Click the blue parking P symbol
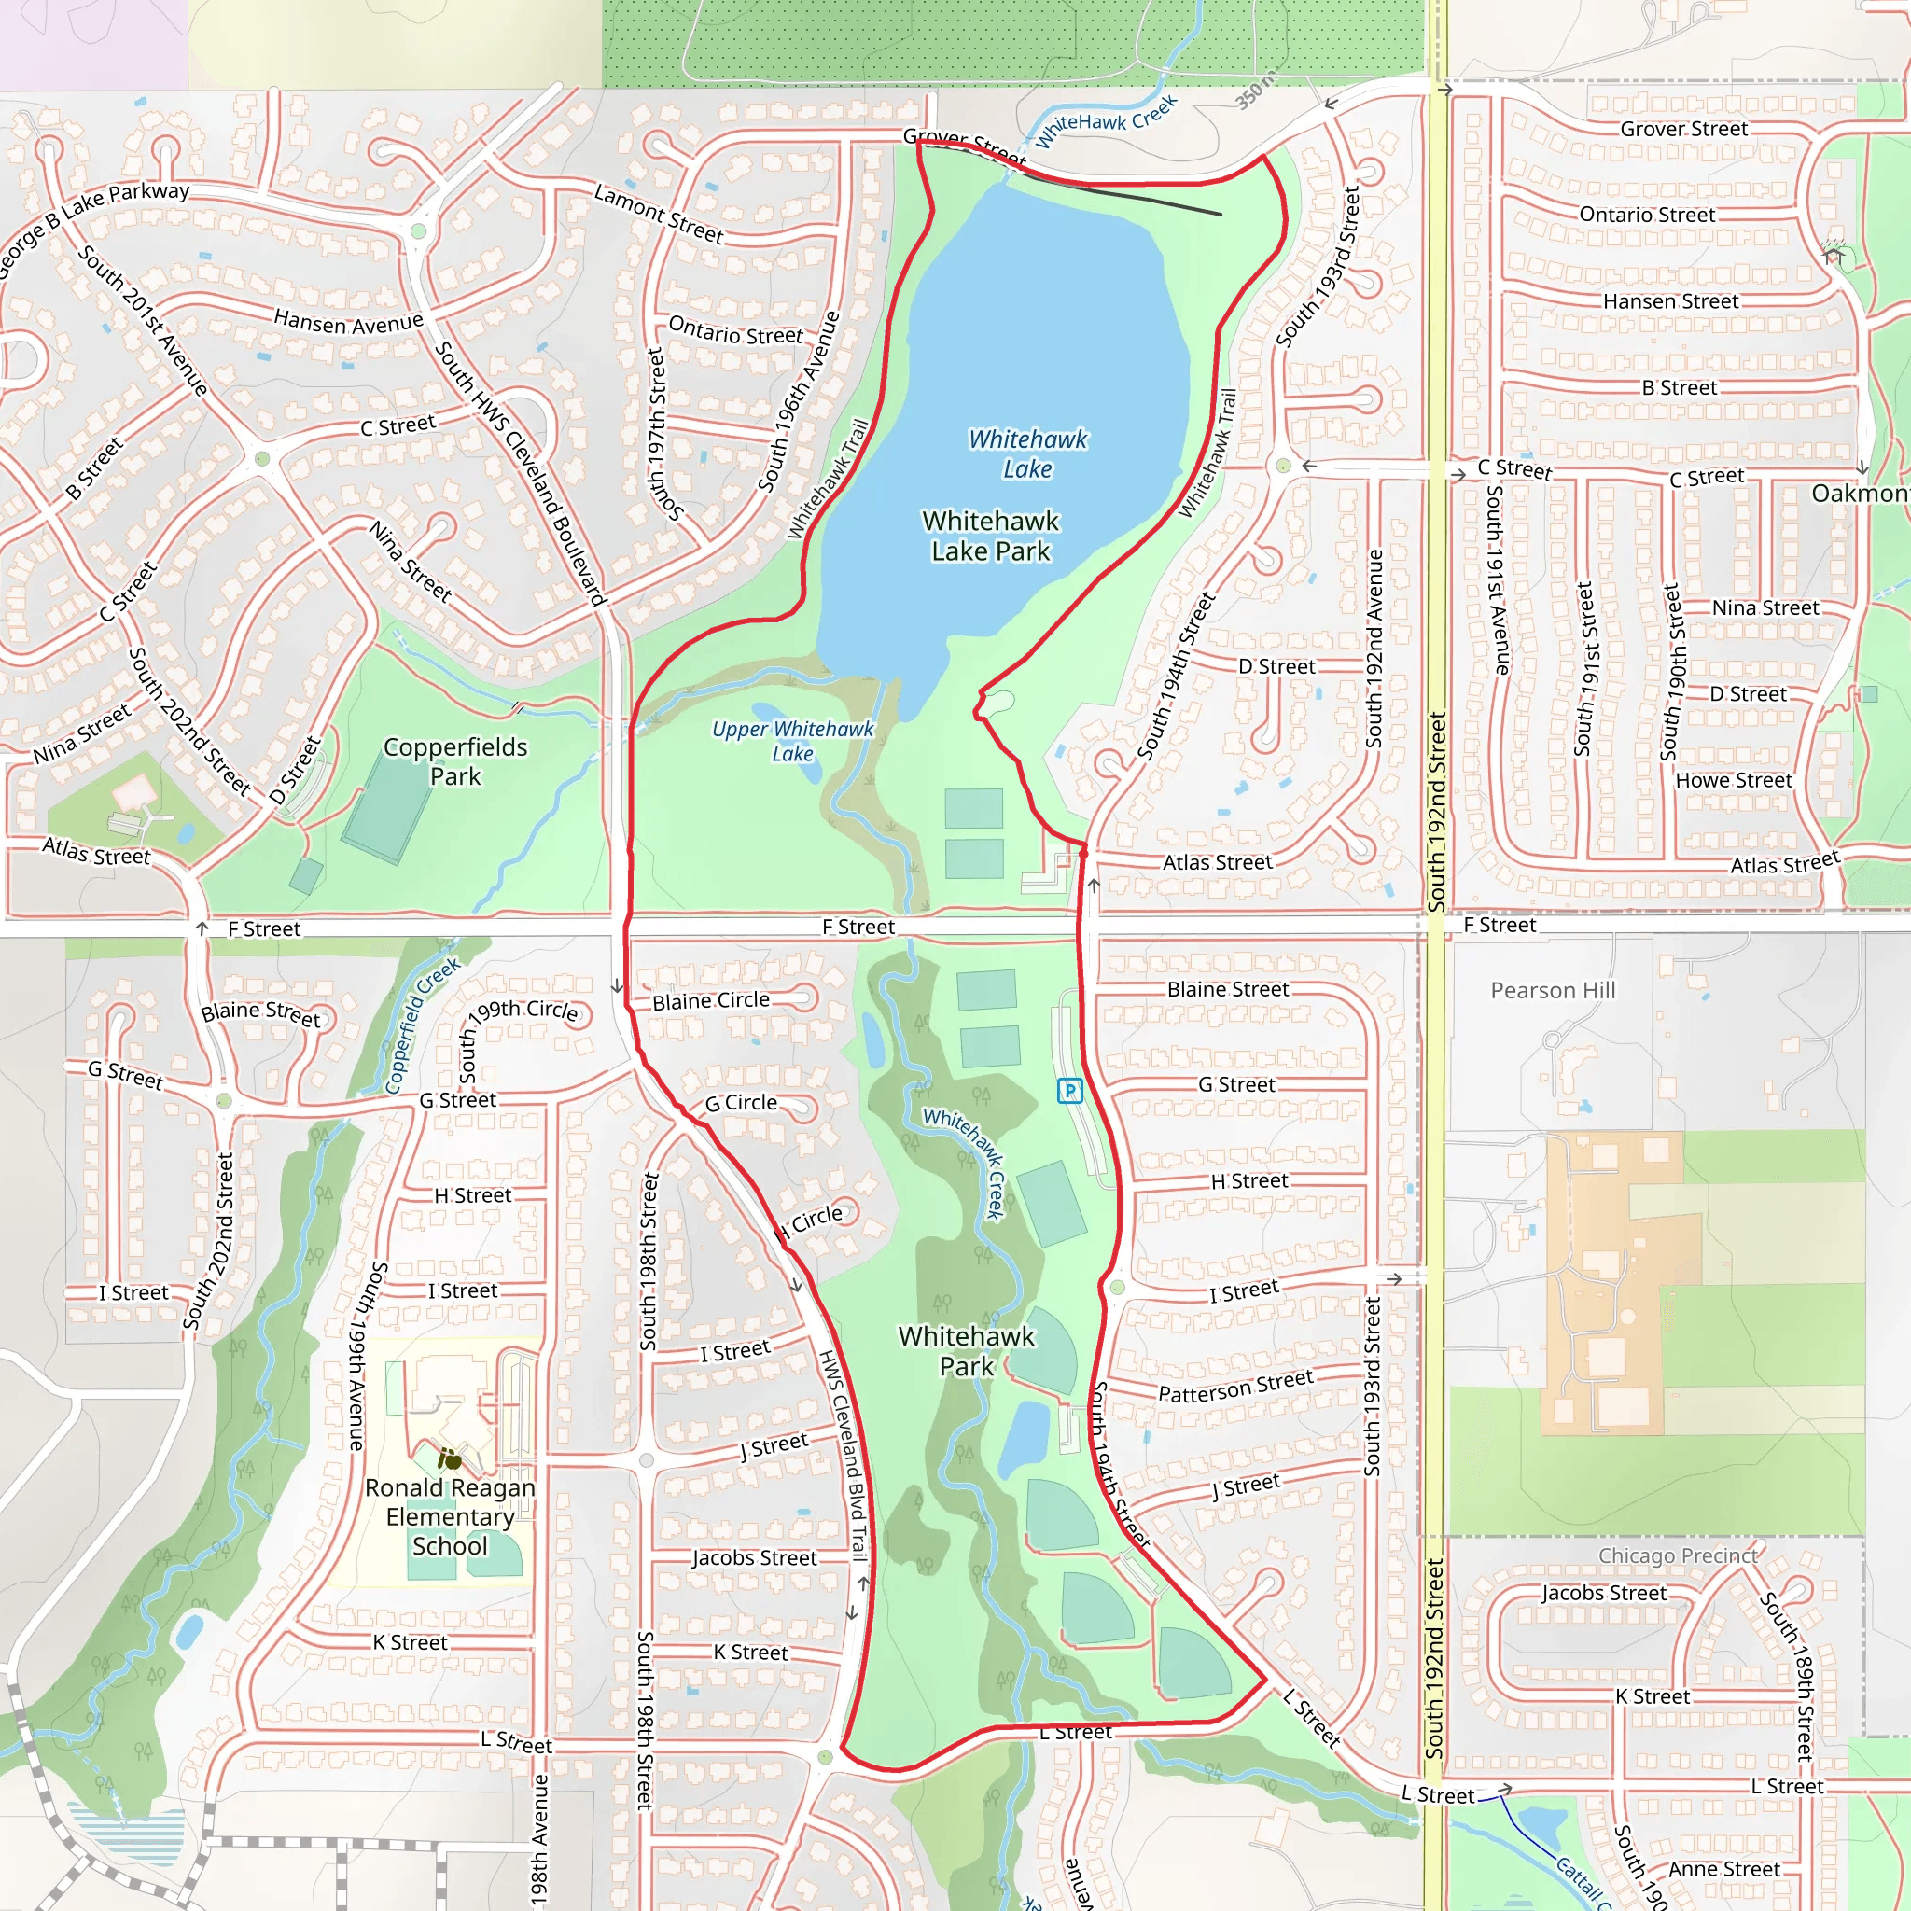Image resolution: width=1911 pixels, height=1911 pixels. (x=1069, y=1090)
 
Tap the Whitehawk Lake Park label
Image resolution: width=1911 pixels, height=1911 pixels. (x=990, y=537)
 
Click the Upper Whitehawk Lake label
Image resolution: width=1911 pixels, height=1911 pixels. (x=792, y=741)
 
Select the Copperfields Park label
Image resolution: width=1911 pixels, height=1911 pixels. (x=455, y=761)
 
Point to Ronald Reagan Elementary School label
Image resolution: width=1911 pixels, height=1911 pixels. (x=450, y=1516)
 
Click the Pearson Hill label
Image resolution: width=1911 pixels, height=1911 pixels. (x=1552, y=990)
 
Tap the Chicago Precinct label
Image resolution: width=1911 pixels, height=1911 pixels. (x=1678, y=1555)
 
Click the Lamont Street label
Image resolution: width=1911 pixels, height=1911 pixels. (x=659, y=214)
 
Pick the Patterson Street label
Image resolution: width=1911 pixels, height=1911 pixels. (x=1235, y=1386)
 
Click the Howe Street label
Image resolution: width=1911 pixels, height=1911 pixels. (x=1733, y=780)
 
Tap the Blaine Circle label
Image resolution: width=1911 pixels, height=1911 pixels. (x=710, y=1000)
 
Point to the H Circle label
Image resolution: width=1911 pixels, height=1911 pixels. (x=809, y=1222)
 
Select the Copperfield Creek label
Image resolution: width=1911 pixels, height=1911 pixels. (x=423, y=1025)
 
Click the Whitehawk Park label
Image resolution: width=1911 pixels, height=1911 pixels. (x=966, y=1351)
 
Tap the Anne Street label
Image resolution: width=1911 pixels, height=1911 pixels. (x=1724, y=1869)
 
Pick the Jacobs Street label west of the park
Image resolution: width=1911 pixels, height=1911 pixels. (x=754, y=1558)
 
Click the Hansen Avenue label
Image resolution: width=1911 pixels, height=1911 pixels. (x=348, y=323)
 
